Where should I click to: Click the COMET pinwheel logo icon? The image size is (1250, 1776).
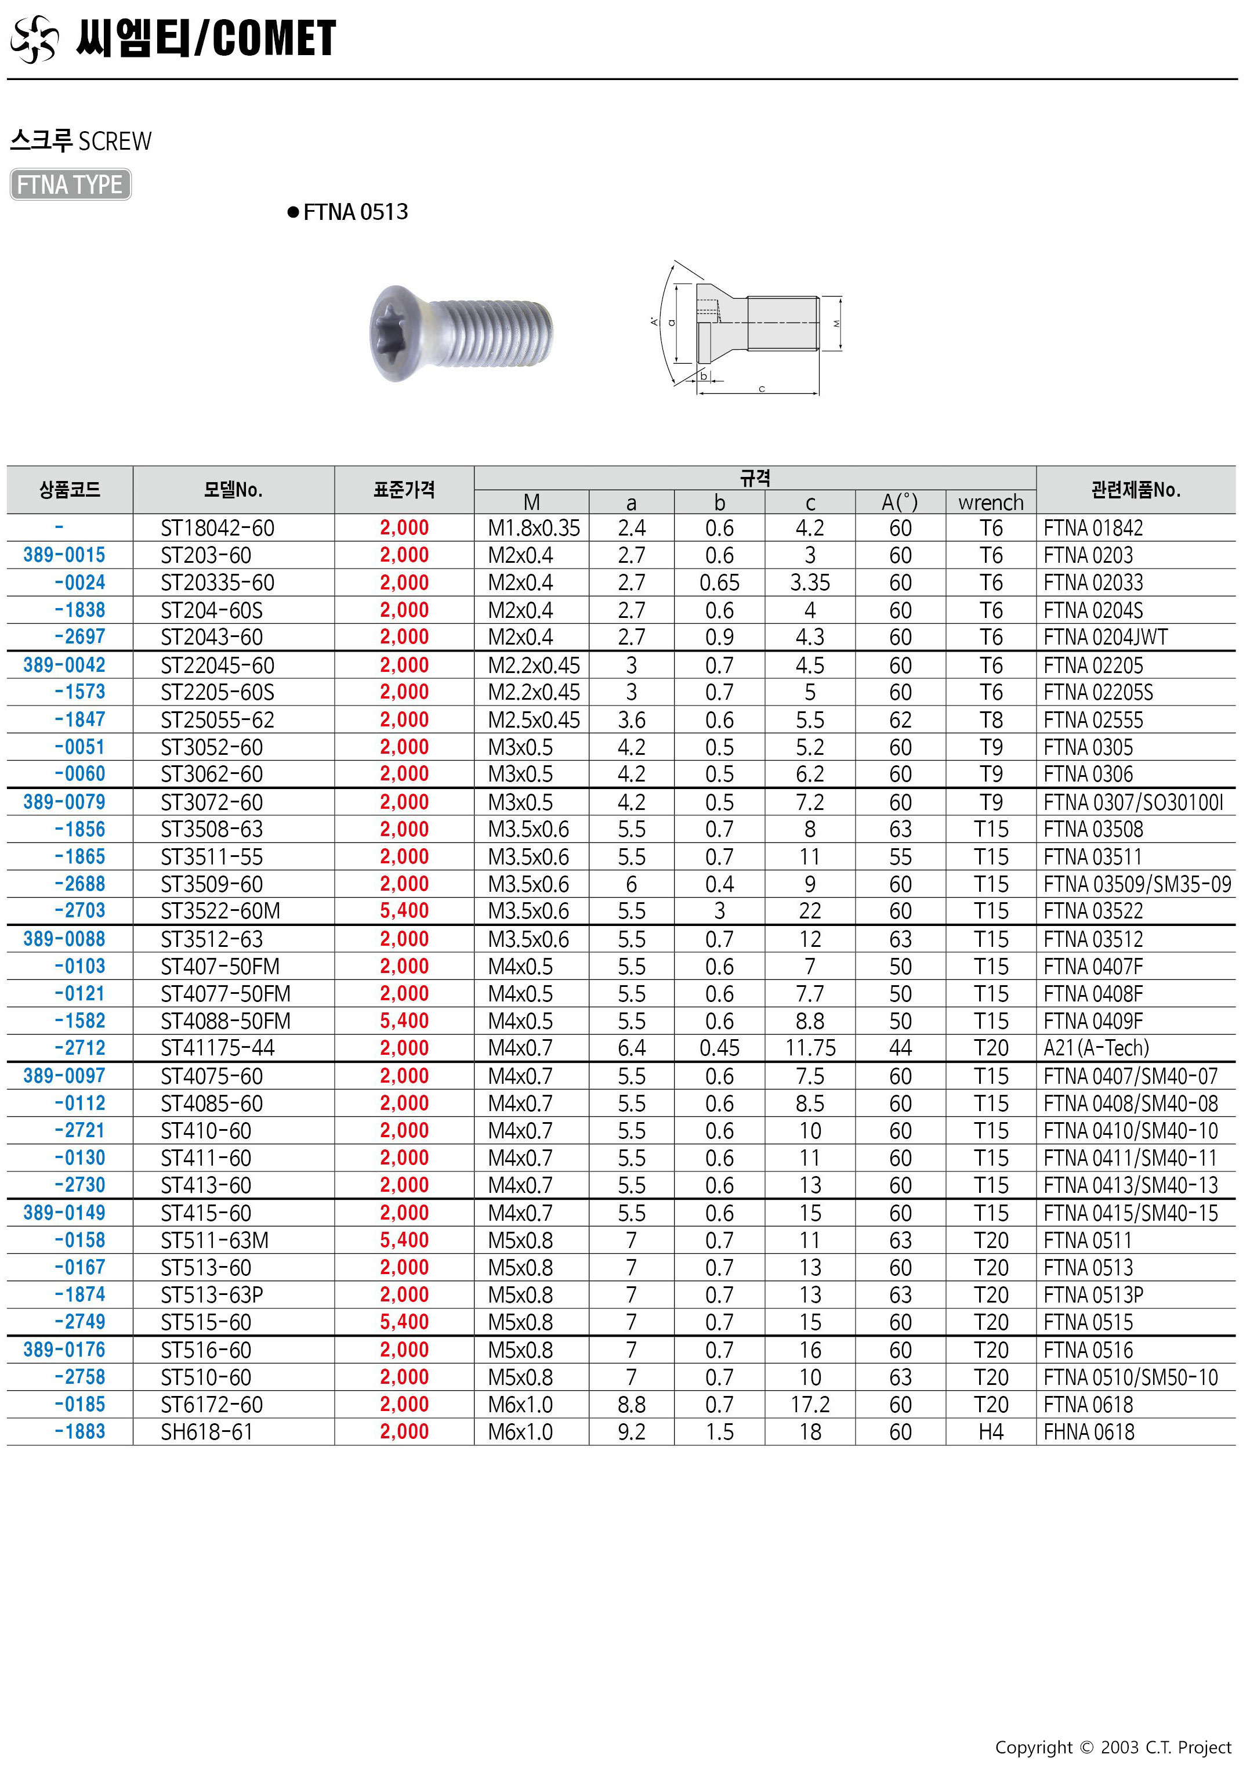pos(34,39)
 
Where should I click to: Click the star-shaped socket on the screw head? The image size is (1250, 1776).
pos(394,332)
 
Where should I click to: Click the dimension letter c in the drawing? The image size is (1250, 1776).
pos(762,389)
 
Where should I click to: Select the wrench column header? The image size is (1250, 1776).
pos(991,503)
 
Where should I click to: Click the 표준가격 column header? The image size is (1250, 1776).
pos(404,490)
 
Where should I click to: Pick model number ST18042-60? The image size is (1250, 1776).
pos(218,529)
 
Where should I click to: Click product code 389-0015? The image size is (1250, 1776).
pos(64,555)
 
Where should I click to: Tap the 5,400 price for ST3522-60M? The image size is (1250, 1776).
pos(404,911)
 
